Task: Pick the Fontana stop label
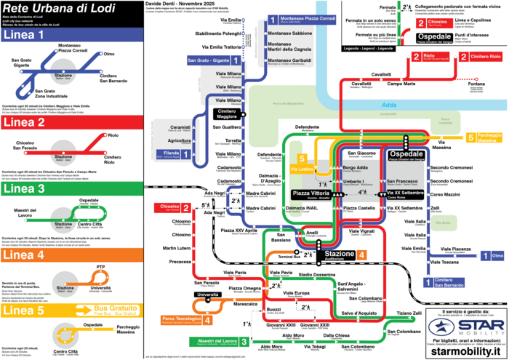476,84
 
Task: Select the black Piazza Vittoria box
311,194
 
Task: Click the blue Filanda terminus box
176,154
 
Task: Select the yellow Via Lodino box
301,169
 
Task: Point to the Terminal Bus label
288,257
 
